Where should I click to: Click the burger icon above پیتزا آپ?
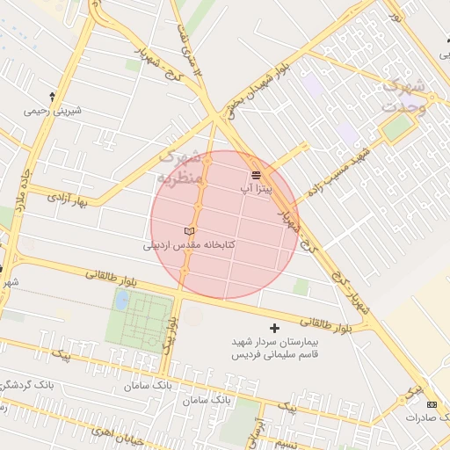(x=257, y=175)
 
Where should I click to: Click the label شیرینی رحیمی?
(x=52, y=111)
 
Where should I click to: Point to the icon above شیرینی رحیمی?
(x=52, y=97)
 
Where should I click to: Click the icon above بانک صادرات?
(x=431, y=404)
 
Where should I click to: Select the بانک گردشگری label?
(x=26, y=385)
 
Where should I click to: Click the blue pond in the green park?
(x=120, y=301)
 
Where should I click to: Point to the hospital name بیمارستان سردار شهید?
(x=279, y=342)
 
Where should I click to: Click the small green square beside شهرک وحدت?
(x=398, y=128)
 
